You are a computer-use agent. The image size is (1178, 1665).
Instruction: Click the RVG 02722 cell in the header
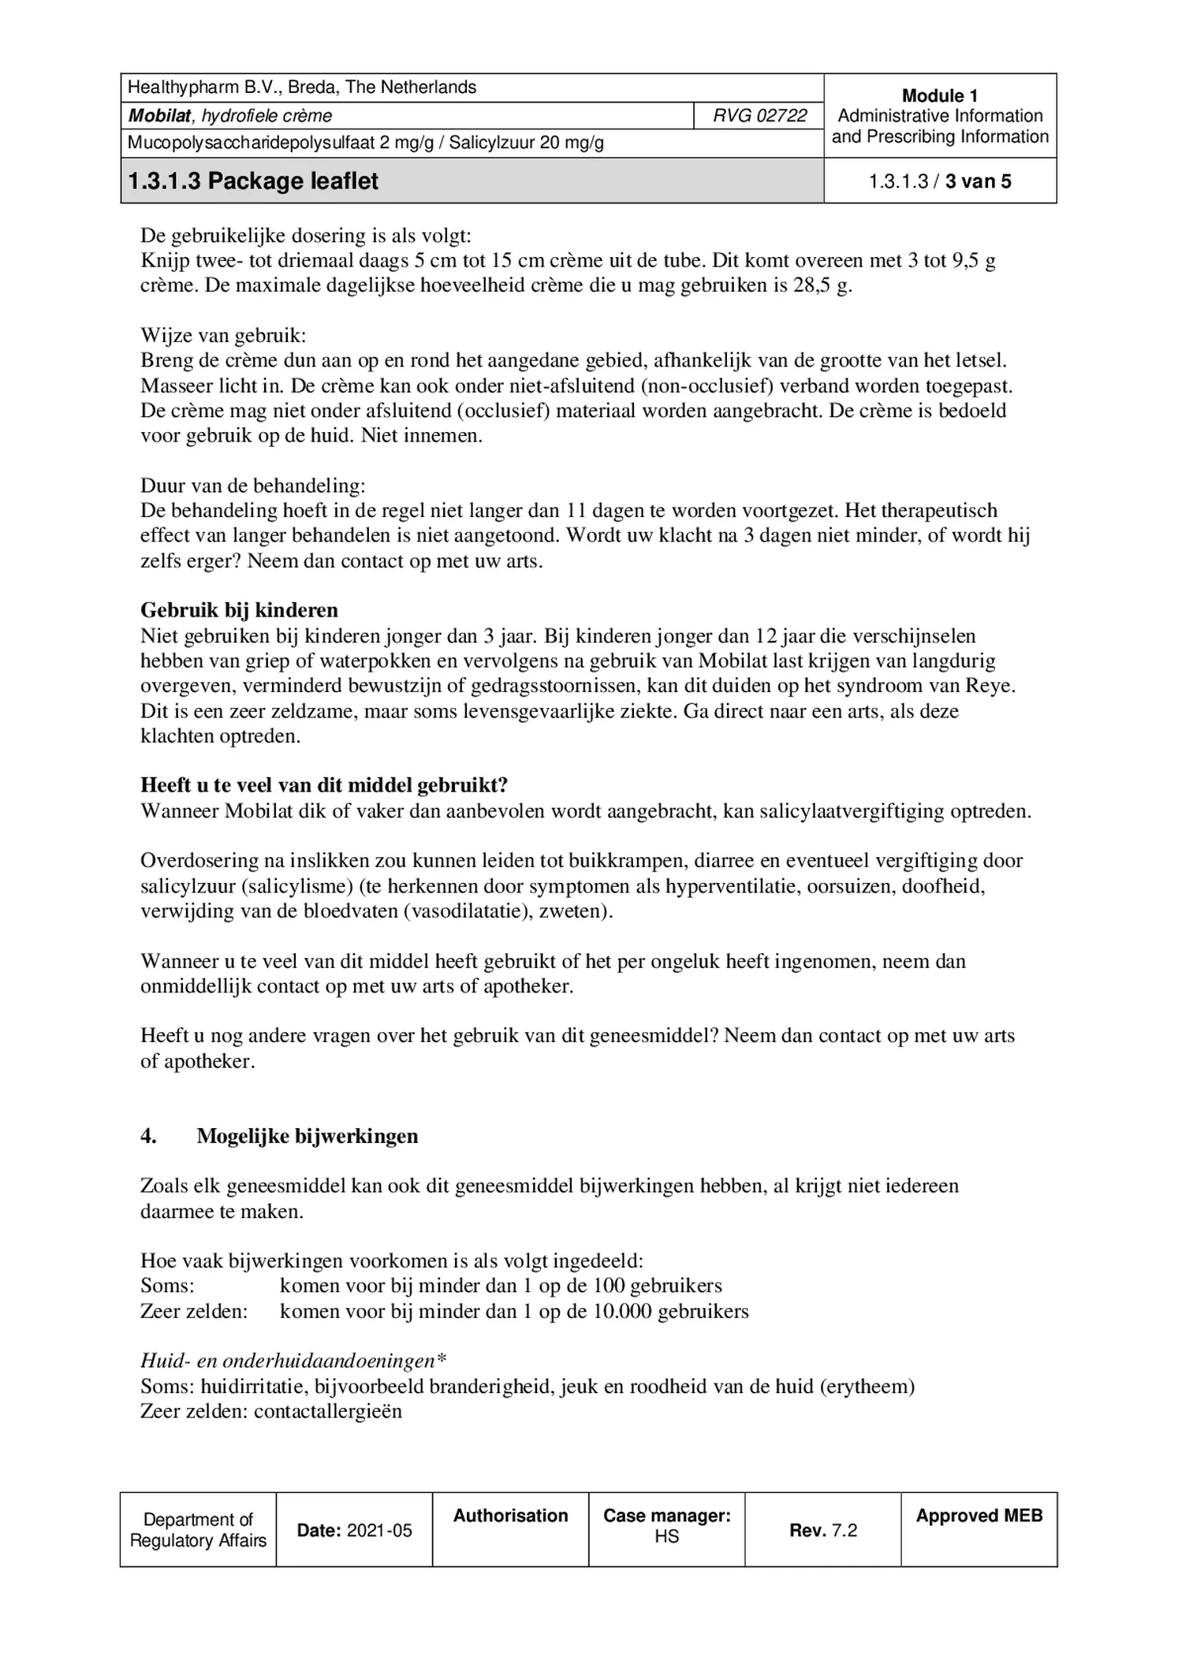coord(759,116)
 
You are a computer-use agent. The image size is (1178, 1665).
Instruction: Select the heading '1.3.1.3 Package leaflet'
coord(253,181)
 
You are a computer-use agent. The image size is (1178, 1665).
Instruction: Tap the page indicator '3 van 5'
coord(978,181)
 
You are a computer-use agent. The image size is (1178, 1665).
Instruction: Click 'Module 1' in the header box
coord(939,95)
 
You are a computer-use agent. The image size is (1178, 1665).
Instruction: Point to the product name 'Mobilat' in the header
coord(160,116)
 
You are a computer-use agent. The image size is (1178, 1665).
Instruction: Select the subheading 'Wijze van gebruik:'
coord(223,335)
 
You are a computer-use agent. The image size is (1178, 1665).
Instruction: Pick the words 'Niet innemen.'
coord(422,435)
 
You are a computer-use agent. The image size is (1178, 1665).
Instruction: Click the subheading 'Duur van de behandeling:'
coord(252,485)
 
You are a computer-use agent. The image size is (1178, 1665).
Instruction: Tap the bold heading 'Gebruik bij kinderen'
coord(239,610)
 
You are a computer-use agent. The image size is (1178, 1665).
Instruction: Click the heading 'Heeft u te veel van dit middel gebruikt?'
coord(324,785)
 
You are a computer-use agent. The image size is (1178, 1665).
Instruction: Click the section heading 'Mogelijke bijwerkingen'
coord(308,1136)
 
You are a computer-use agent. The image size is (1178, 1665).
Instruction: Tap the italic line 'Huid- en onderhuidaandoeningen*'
coord(293,1361)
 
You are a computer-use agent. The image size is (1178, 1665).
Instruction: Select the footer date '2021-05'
coord(379,1530)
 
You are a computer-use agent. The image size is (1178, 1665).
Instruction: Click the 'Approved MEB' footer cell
coord(979,1515)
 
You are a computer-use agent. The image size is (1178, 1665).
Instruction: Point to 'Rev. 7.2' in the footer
coord(822,1530)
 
